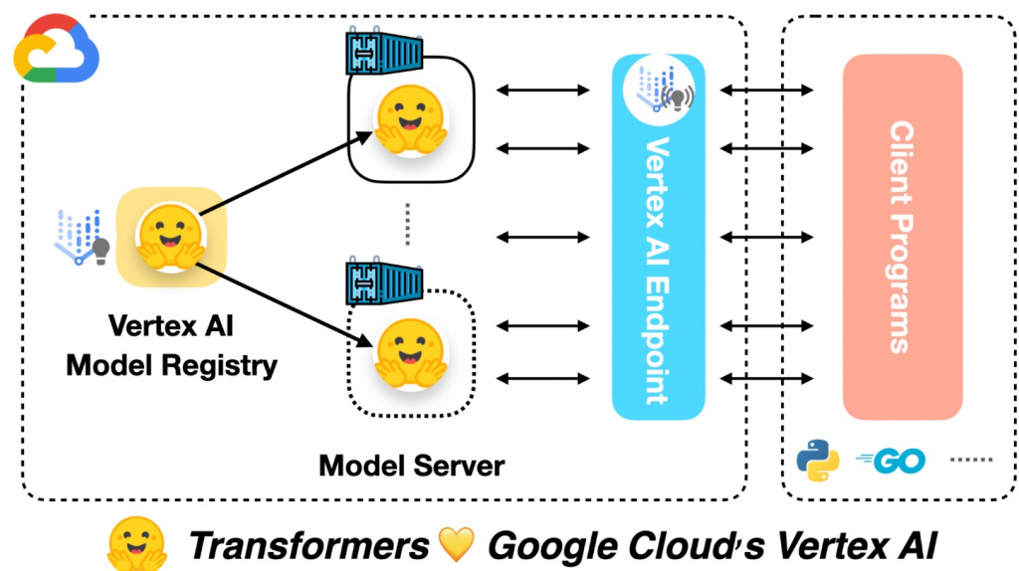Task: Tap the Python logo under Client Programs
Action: tap(817, 461)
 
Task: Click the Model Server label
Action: tap(411, 465)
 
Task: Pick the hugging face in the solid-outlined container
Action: tap(408, 120)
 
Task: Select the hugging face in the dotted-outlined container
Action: tap(408, 353)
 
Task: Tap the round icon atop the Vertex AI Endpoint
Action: tap(658, 85)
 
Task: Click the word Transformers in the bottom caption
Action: tap(308, 545)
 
